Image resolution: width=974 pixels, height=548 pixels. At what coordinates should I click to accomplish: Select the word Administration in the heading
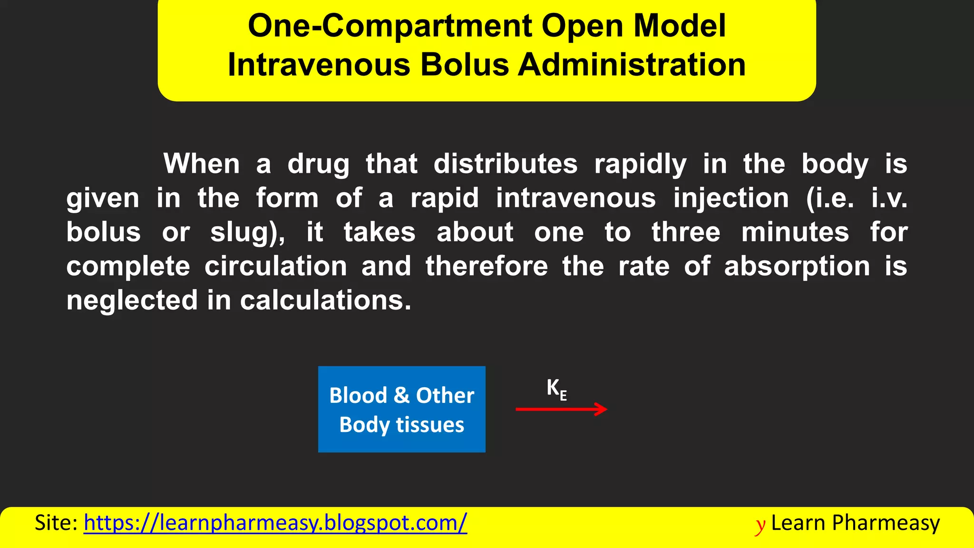632,65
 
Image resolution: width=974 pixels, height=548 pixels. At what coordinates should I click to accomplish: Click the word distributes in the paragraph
506,164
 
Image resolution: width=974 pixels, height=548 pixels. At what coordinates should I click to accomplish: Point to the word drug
318,165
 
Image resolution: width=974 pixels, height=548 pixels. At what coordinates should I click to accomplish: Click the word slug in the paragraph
244,233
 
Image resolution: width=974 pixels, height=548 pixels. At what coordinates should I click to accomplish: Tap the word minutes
795,233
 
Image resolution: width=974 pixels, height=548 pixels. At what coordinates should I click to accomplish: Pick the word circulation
276,266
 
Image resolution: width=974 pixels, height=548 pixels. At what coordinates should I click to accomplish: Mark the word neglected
132,301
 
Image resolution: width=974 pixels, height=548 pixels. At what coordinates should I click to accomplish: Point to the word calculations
325,301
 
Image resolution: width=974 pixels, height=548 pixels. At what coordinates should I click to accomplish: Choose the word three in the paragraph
686,233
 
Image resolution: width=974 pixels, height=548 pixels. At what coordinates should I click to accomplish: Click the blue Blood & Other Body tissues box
401,409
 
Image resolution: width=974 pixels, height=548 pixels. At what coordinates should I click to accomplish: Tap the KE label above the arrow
556,389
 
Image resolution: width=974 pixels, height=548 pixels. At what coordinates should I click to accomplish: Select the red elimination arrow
561,409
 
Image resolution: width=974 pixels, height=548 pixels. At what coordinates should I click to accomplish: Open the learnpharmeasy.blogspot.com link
275,523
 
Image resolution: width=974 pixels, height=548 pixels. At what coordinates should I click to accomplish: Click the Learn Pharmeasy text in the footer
855,523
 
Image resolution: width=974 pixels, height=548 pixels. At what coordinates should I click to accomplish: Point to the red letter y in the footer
760,525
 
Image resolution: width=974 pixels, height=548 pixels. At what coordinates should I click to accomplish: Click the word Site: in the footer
56,523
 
